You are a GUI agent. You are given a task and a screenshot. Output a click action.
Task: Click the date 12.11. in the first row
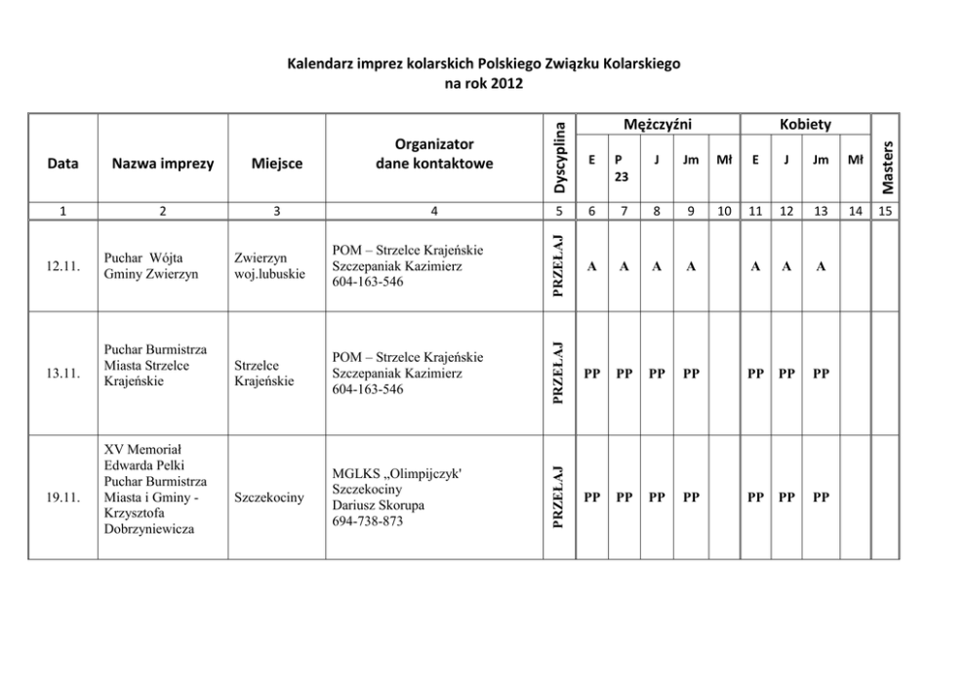click(x=61, y=265)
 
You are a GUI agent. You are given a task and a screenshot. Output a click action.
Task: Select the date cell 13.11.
click(x=61, y=373)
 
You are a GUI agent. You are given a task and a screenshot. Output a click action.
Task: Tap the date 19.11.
click(x=61, y=498)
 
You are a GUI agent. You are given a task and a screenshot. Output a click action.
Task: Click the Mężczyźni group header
click(x=657, y=124)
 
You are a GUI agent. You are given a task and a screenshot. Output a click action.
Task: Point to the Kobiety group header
click(x=805, y=124)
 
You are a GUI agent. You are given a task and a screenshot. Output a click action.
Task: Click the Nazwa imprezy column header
click(x=162, y=163)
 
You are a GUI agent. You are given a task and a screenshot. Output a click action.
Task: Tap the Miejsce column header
click(x=276, y=163)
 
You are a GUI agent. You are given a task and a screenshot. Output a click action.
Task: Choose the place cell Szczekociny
click(x=268, y=498)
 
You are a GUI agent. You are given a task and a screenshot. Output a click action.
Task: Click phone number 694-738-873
click(x=367, y=521)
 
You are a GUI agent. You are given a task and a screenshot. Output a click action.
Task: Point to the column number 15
click(x=885, y=210)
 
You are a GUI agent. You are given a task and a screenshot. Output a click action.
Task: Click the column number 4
click(x=434, y=210)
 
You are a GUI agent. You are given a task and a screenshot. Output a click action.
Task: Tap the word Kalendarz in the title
click(x=323, y=64)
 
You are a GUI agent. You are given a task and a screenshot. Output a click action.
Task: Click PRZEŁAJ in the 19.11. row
click(x=558, y=498)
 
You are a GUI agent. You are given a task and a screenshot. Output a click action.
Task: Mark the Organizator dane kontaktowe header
click(x=434, y=153)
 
